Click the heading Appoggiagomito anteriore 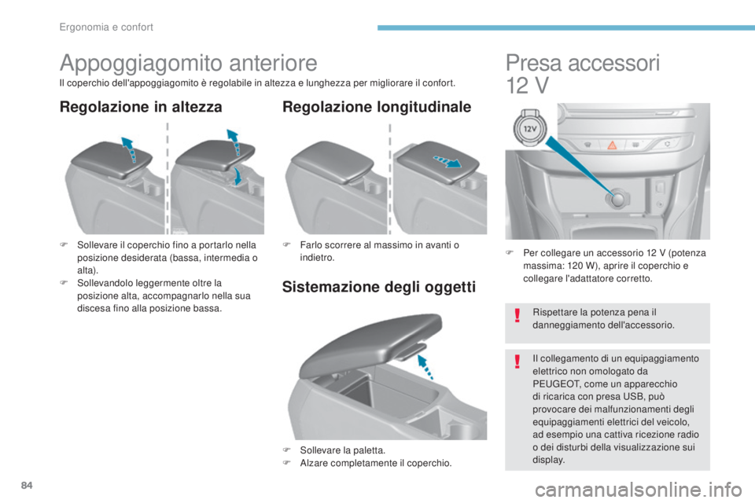coord(189,64)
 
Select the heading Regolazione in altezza coord(141,107)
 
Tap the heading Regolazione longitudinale coord(377,107)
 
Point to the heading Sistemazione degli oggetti coord(379,287)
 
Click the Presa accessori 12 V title coord(583,74)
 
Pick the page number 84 coord(27,485)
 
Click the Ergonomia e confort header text coord(106,28)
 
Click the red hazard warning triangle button coord(612,145)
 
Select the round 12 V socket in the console coord(617,199)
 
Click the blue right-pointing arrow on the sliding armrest coord(447,161)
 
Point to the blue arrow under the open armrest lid coord(425,367)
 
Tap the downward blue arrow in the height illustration coord(238,176)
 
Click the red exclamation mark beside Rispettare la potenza coord(517,315)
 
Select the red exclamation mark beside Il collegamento coord(517,361)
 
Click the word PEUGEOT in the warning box coord(553,384)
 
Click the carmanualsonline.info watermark coord(638,490)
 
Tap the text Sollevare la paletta coord(342,450)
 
